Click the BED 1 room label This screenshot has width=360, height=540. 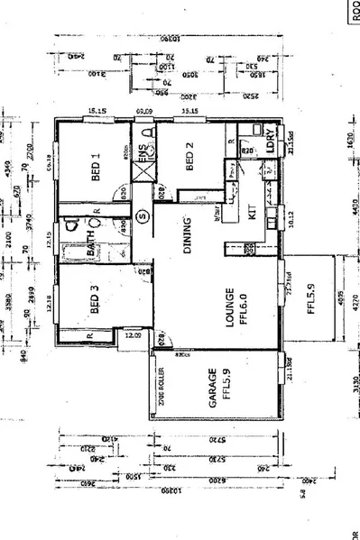pyautogui.click(x=97, y=169)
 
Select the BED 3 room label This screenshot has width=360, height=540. pyautogui.click(x=97, y=300)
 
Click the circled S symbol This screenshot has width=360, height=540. pyautogui.click(x=142, y=215)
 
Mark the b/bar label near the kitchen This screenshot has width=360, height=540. pyautogui.click(x=217, y=217)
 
